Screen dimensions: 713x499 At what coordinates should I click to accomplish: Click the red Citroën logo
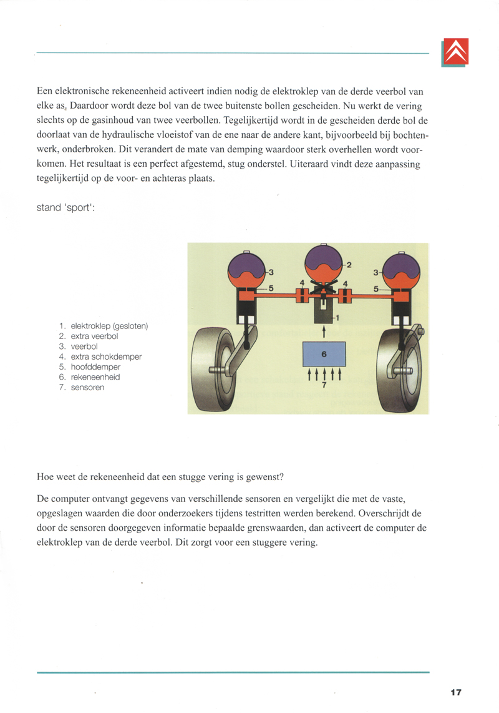point(455,52)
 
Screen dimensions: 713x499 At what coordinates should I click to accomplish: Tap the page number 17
point(455,692)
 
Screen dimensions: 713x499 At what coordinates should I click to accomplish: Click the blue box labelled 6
point(324,354)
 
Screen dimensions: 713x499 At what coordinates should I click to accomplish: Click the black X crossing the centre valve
point(323,292)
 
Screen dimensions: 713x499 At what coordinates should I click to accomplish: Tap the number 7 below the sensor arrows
point(324,385)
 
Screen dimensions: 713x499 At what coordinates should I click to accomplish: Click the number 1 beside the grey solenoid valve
point(337,318)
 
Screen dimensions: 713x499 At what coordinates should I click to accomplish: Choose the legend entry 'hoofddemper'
point(95,367)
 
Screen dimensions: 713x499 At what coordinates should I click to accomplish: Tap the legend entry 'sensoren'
point(87,388)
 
